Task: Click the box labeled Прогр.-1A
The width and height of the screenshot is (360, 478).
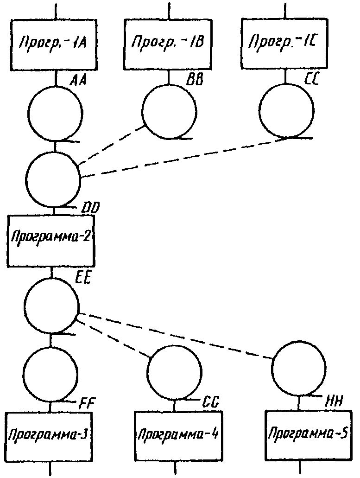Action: pyautogui.click(x=54, y=45)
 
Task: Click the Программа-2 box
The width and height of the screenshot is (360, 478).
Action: pyautogui.click(x=51, y=241)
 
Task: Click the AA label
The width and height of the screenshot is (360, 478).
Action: pyautogui.click(x=78, y=80)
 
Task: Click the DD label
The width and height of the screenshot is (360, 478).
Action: pyautogui.click(x=89, y=209)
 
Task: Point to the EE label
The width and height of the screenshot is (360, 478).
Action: pyautogui.click(x=82, y=279)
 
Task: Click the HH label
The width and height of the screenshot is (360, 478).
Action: pyautogui.click(x=334, y=400)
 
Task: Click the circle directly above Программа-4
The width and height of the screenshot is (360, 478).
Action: pyautogui.click(x=175, y=372)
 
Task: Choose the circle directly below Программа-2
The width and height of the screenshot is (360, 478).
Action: pyautogui.click(x=51, y=306)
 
